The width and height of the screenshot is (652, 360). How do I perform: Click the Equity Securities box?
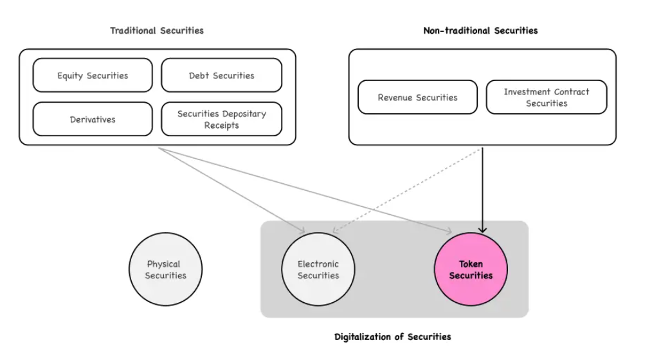[93, 75]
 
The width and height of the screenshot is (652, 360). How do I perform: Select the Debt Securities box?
[221, 75]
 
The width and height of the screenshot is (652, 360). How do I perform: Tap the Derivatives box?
[93, 119]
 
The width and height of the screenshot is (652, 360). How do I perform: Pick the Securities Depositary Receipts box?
[221, 119]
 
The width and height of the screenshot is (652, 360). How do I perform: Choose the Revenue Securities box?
[417, 97]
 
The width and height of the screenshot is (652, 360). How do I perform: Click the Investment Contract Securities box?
[546, 97]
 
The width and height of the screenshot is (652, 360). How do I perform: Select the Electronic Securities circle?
[318, 269]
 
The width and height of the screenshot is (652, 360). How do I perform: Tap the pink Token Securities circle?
[471, 269]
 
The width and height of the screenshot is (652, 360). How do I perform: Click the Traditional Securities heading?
[157, 30]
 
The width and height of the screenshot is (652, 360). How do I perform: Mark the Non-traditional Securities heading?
[480, 30]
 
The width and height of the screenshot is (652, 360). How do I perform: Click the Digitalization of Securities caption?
[393, 336]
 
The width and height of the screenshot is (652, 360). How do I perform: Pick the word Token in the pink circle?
[471, 264]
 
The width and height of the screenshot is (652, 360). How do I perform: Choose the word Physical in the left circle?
[163, 264]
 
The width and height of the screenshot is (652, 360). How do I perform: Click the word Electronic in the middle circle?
[318, 264]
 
